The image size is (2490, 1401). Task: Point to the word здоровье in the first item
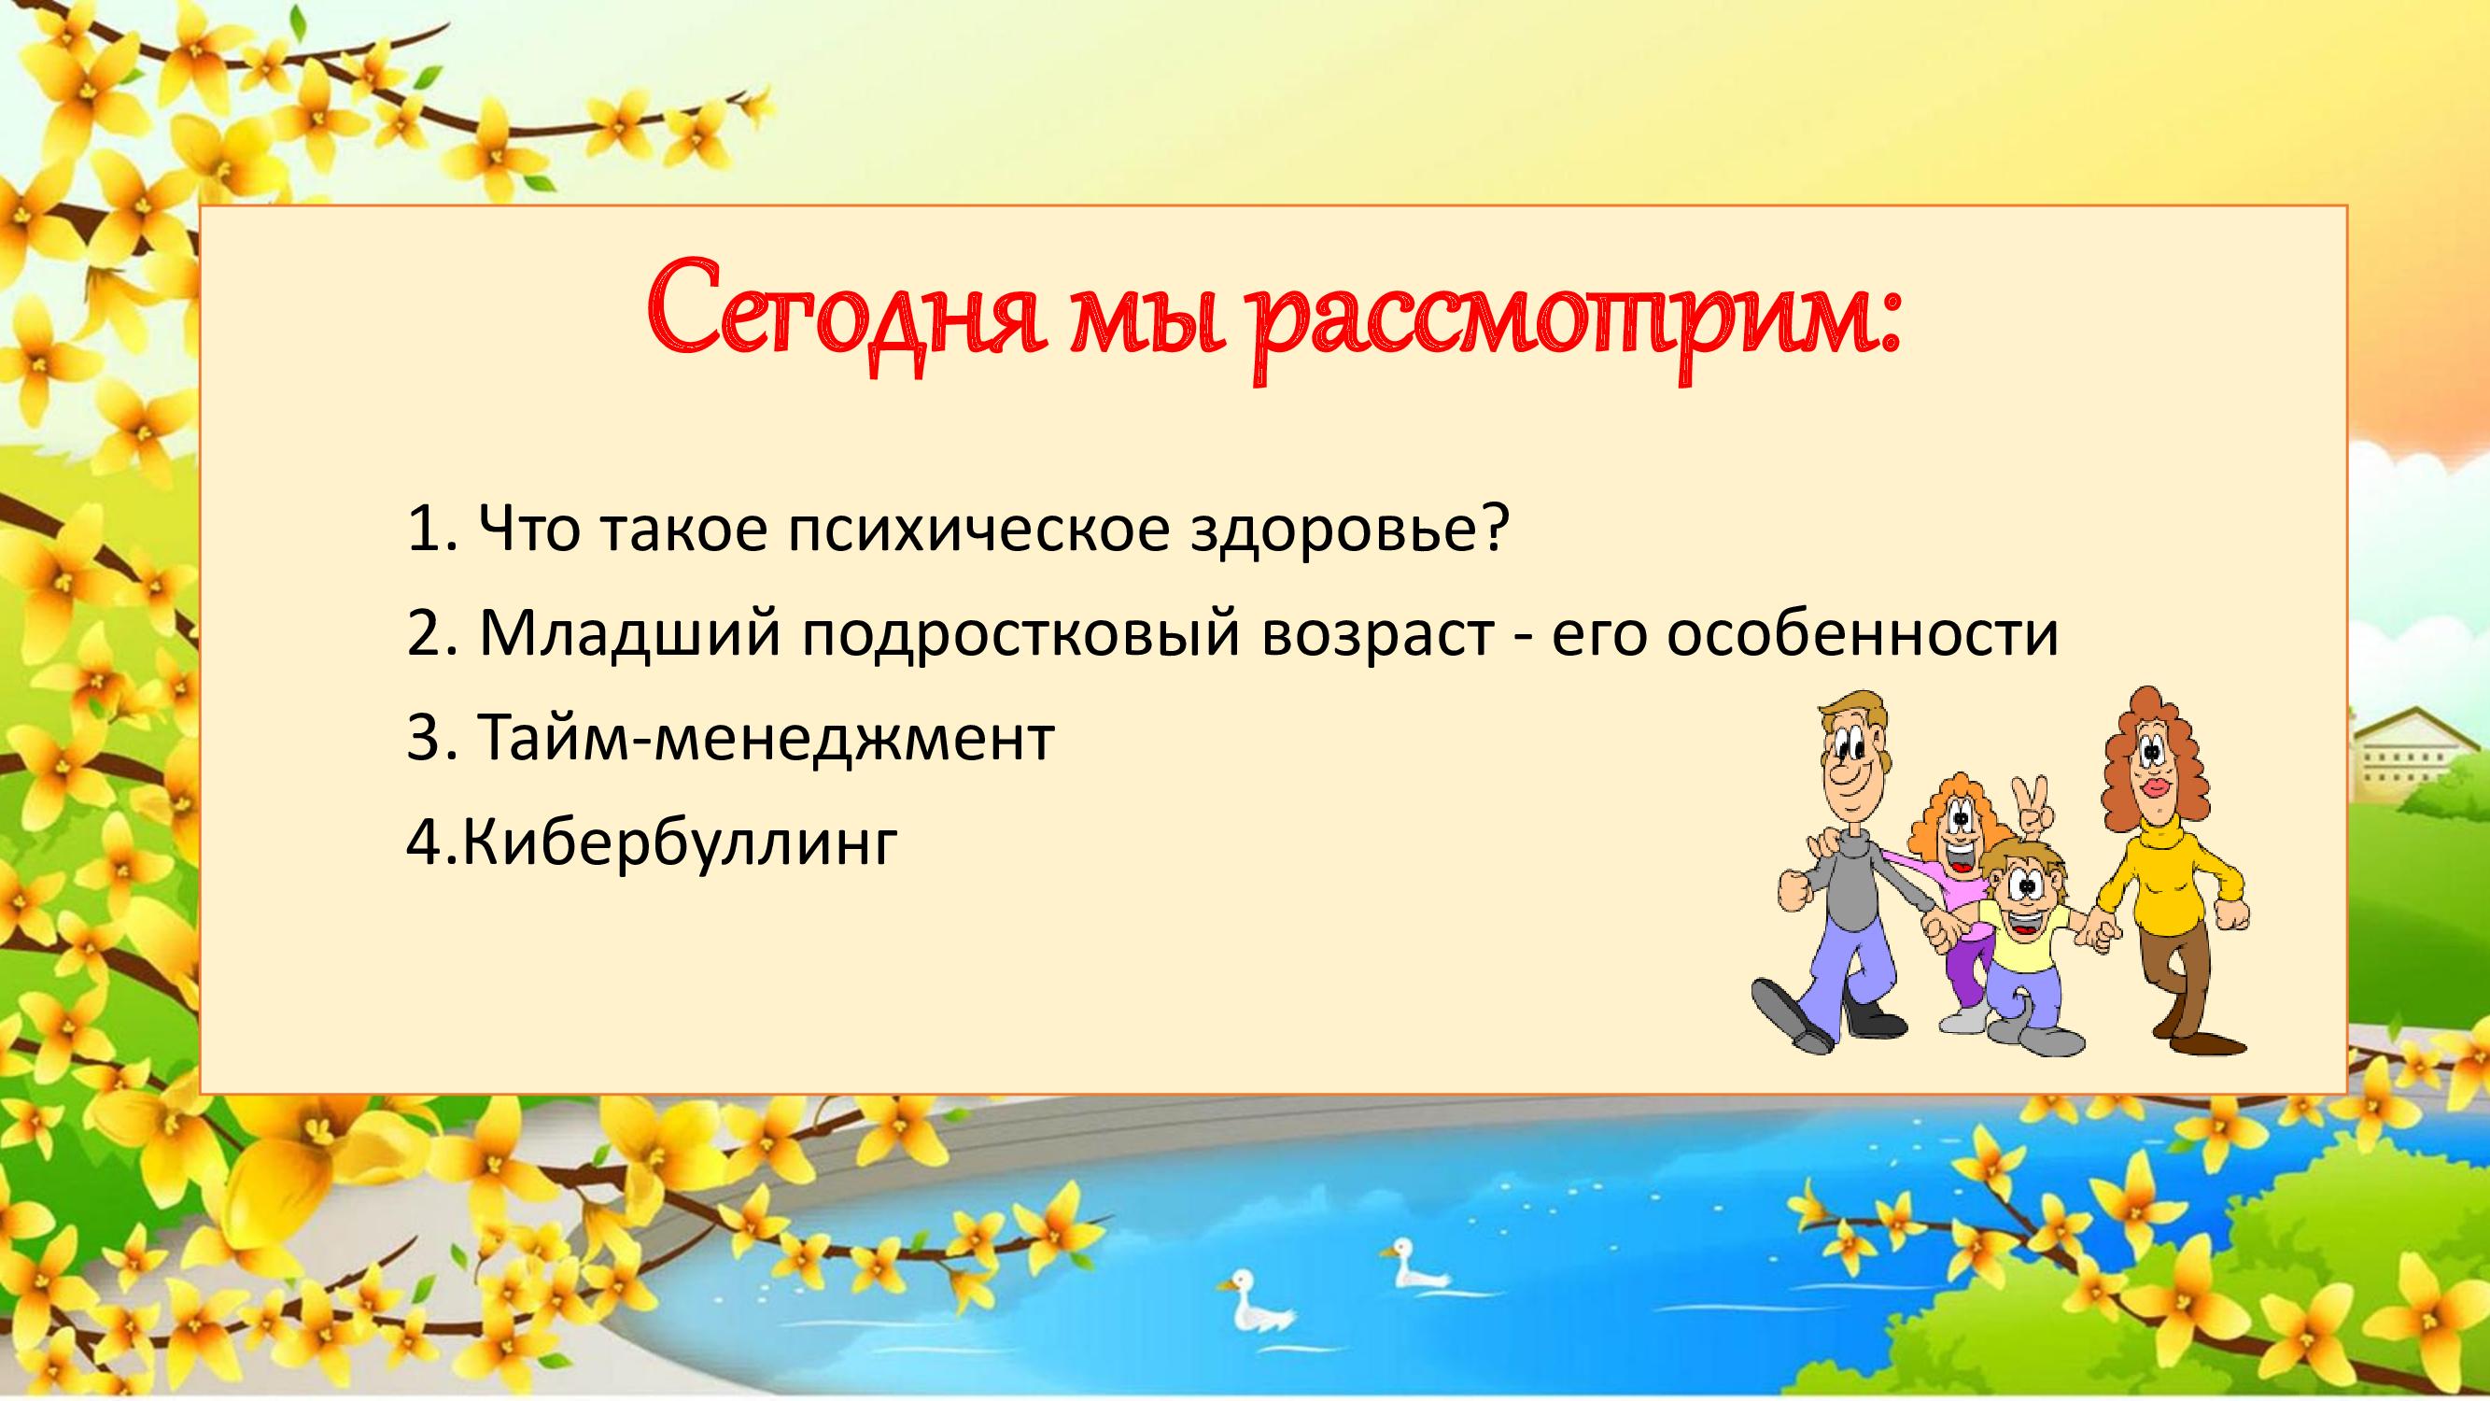[x=1348, y=531]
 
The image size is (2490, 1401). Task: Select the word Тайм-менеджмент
[x=765, y=740]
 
